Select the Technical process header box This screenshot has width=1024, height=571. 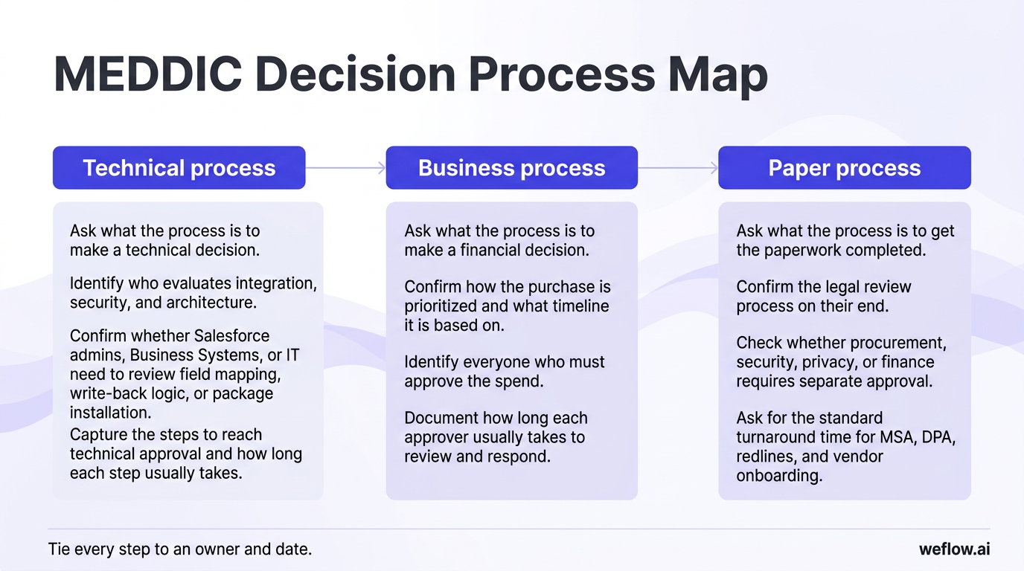tap(179, 168)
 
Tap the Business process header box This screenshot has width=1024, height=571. tap(511, 168)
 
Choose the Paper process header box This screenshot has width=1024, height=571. tap(844, 168)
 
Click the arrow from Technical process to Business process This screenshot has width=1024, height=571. tap(345, 168)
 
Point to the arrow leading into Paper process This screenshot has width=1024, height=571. tap(678, 168)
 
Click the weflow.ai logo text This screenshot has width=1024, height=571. tap(954, 549)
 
